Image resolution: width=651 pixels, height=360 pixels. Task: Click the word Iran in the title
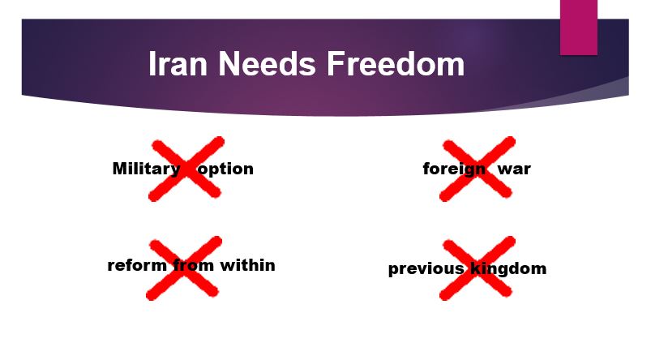(x=178, y=63)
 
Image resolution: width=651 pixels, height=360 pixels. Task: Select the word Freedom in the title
(x=396, y=63)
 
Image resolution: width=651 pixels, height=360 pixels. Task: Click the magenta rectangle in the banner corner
(x=579, y=28)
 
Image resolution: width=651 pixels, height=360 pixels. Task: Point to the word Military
(x=146, y=169)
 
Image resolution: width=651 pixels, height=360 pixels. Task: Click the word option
(x=225, y=169)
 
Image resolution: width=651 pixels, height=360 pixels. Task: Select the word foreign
(x=454, y=169)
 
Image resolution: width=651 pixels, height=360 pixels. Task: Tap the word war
(x=514, y=169)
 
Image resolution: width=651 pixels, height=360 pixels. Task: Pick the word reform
(x=137, y=265)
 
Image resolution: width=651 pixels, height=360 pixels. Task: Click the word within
(x=247, y=264)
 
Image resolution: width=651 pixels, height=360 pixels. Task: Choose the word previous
(x=426, y=269)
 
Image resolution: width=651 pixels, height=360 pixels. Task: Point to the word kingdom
(x=508, y=268)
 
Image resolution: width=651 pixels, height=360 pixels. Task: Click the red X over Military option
(x=186, y=169)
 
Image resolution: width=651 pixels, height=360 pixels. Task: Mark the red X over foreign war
(x=477, y=169)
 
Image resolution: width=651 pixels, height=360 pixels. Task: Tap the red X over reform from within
(x=183, y=268)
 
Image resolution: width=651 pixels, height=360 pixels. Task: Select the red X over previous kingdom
(x=477, y=268)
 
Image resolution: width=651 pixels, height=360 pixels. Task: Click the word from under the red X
(x=194, y=264)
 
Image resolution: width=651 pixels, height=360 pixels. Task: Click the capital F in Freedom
(x=336, y=63)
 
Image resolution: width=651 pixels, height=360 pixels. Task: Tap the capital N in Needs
(x=229, y=63)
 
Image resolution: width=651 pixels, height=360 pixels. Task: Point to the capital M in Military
(x=120, y=168)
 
